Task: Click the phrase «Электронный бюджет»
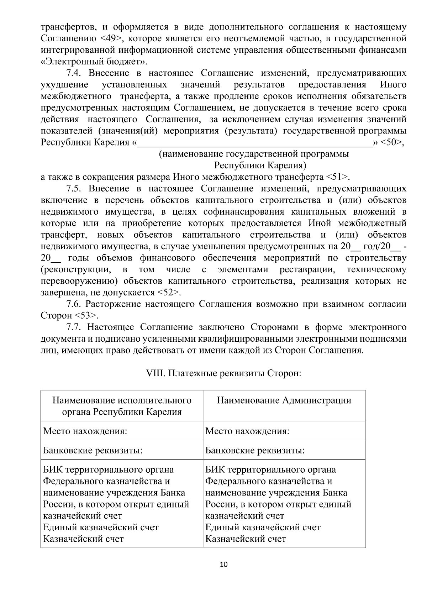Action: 94,61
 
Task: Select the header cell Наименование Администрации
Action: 284,400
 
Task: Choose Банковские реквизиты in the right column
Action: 255,451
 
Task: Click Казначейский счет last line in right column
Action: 246,539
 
